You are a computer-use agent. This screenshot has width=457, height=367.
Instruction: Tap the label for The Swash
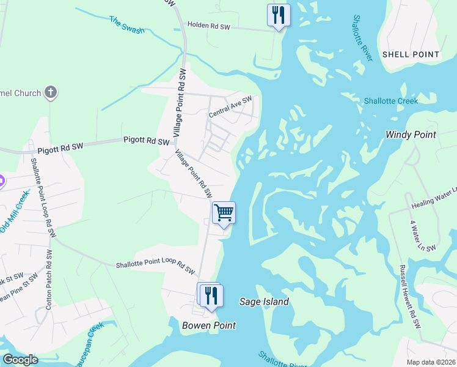coord(126,24)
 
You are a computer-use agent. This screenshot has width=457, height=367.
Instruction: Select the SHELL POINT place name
coord(411,54)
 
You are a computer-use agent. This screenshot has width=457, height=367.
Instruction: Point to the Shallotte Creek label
coord(391,101)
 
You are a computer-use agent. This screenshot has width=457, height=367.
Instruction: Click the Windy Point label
coord(411,135)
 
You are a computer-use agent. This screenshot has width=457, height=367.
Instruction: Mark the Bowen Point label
coord(209,325)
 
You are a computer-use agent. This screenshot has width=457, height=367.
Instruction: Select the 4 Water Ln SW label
coord(423,232)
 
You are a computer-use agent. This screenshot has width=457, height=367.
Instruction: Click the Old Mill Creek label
coord(13,212)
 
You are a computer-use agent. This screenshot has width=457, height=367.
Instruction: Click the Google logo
coord(20,360)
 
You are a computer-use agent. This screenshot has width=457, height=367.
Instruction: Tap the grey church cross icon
coord(51,93)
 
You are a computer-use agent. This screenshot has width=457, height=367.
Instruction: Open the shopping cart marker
coord(224,213)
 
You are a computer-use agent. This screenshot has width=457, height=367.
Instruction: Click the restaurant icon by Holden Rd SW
coord(279,15)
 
